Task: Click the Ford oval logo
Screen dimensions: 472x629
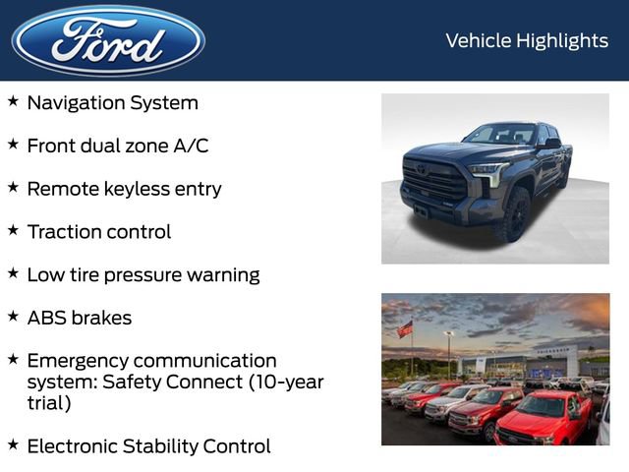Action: [x=108, y=40]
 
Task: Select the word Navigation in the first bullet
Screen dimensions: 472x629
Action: [x=79, y=102]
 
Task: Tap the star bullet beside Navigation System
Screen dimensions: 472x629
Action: [x=13, y=101]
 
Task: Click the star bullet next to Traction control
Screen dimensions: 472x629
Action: [x=13, y=230]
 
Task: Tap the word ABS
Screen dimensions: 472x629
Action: [x=47, y=319]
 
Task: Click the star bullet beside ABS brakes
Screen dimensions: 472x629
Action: [x=13, y=317]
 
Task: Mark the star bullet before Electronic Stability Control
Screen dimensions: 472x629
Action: [x=13, y=444]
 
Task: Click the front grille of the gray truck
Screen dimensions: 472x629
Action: [x=433, y=183]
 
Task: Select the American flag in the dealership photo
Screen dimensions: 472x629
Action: [x=405, y=329]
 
